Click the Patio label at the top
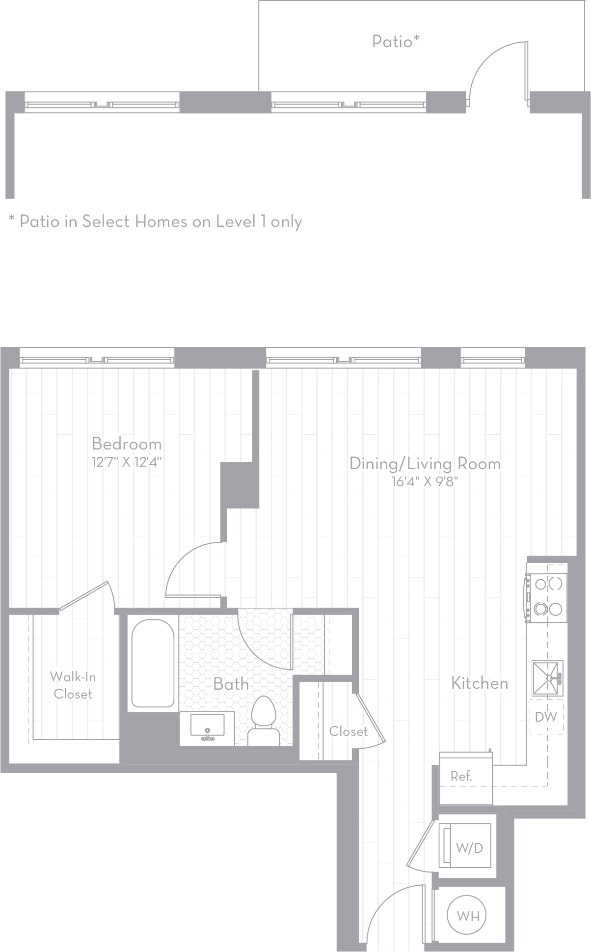click(x=395, y=41)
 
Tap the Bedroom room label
click(x=127, y=444)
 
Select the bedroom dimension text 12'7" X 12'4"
click(x=127, y=462)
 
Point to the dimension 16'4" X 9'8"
click(x=425, y=482)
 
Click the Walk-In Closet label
click(x=73, y=685)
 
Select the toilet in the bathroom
click(x=264, y=719)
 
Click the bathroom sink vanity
click(x=207, y=728)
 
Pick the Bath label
click(x=231, y=684)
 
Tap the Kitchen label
click(x=480, y=683)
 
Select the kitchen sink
click(x=547, y=678)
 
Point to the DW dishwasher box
click(x=546, y=717)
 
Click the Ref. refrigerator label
click(x=461, y=776)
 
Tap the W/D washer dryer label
click(x=469, y=847)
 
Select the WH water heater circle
click(x=468, y=916)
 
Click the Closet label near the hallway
click(x=348, y=731)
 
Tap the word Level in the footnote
click(x=236, y=222)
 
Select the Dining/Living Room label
click(x=425, y=464)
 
